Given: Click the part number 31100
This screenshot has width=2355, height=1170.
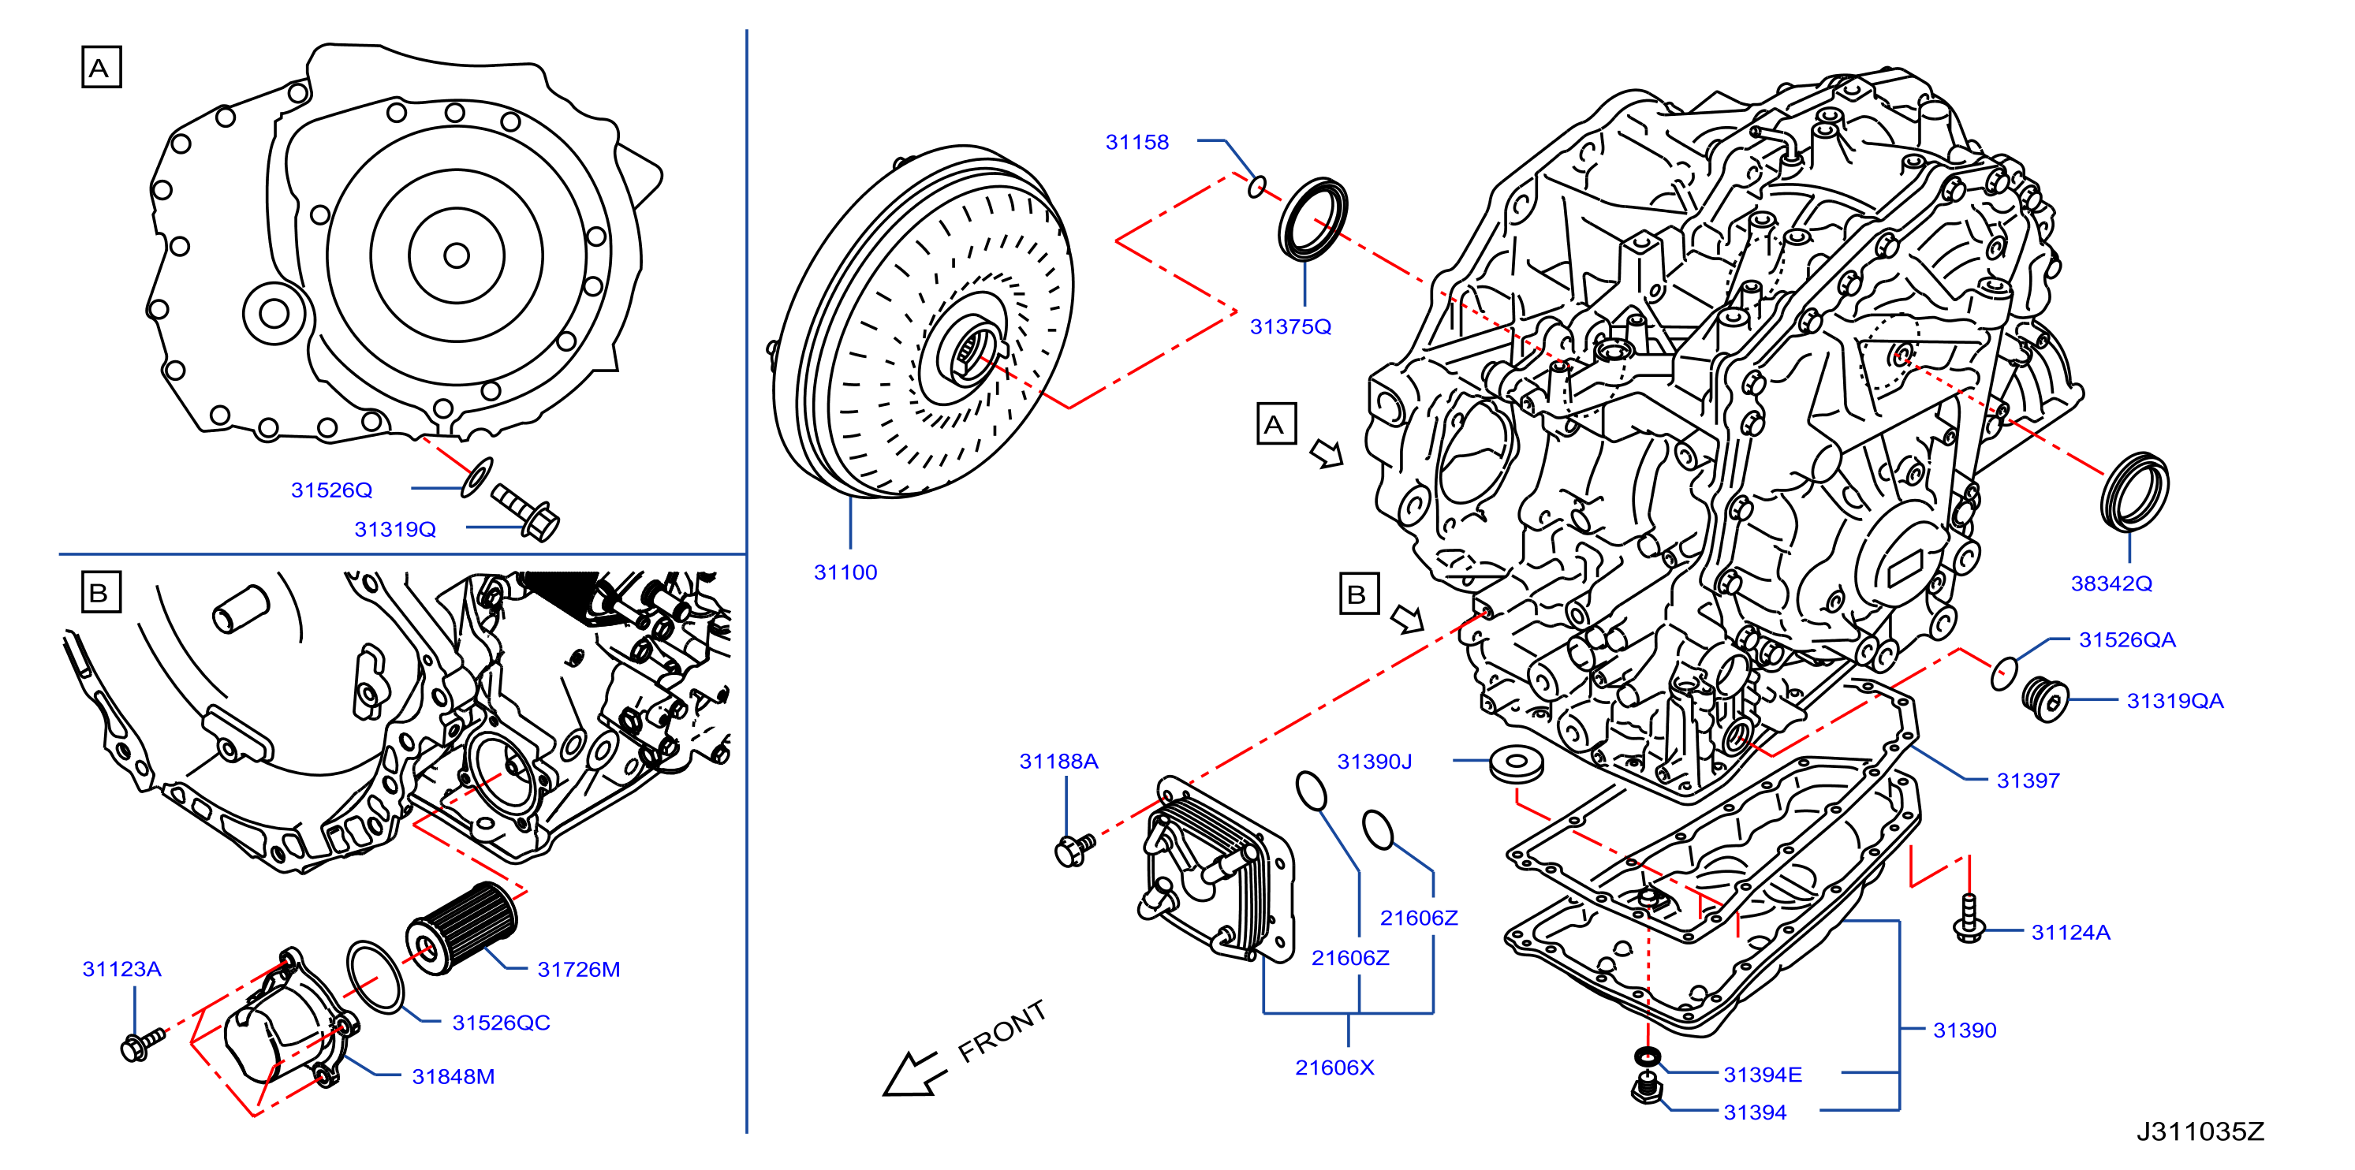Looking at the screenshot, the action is tap(845, 572).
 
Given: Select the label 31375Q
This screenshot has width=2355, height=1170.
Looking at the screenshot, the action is tap(1290, 326).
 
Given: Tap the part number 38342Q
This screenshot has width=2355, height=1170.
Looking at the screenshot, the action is tap(2111, 583).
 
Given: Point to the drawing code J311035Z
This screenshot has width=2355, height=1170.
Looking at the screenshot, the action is tap(2200, 1131).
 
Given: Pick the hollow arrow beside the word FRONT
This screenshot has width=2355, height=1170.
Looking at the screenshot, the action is tap(911, 1073).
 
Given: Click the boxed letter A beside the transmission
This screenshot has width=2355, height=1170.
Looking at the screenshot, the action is tap(1275, 423).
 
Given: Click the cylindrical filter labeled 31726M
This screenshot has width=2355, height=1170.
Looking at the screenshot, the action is tap(461, 928).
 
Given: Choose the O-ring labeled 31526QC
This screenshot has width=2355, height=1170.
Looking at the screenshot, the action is tap(375, 977).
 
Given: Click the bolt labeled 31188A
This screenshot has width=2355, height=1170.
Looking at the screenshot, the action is tap(1074, 849).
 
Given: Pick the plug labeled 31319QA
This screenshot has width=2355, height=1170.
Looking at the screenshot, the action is tap(2044, 699).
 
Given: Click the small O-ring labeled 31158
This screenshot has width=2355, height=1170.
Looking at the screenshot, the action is tap(1258, 187).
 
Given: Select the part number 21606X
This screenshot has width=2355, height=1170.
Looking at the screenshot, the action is tap(1334, 1068).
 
